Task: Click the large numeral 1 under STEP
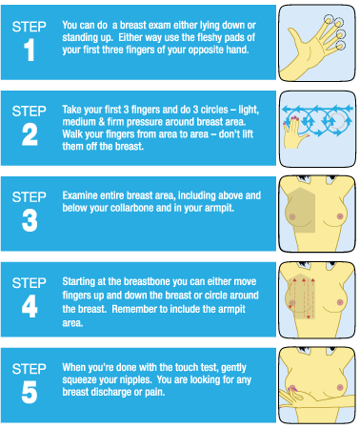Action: (30, 50)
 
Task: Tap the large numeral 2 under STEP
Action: (30, 134)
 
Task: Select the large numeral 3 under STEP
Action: (30, 220)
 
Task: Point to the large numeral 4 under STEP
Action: (30, 306)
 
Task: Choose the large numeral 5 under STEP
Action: (30, 392)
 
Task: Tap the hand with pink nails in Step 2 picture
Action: (294, 133)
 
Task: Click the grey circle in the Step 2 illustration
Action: (336, 121)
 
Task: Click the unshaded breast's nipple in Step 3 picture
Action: (340, 216)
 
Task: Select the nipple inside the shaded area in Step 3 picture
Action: (292, 217)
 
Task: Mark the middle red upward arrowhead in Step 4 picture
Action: (304, 280)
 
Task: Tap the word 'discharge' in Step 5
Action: (110, 392)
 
